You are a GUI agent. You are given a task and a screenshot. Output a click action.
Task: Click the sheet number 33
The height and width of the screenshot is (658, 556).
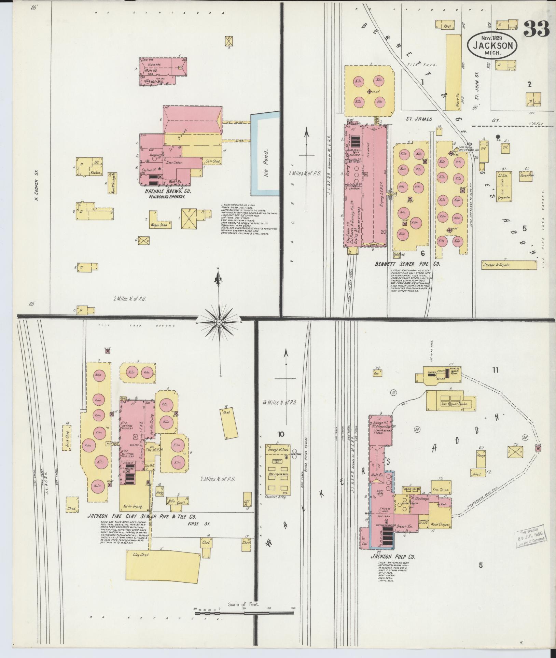pyautogui.click(x=536, y=29)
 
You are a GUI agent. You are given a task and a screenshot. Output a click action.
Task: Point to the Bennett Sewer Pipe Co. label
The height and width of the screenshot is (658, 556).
pyautogui.click(x=407, y=264)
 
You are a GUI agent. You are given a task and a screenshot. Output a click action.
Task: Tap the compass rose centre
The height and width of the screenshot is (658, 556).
pyautogui.click(x=219, y=322)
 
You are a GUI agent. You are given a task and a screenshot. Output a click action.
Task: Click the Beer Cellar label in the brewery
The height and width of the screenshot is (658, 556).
pyautogui.click(x=175, y=163)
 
